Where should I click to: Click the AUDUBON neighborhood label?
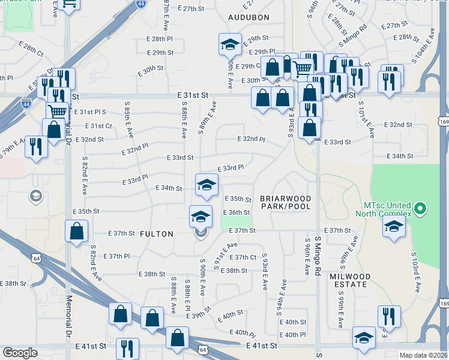click(249, 18)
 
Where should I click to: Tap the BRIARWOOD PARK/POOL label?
click(286, 202)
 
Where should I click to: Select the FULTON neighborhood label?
click(157, 234)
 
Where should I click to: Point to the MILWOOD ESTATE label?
click(350, 281)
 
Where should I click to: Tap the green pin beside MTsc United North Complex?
click(420, 209)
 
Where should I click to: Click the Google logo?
click(20, 353)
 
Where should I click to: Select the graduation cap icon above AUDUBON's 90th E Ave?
click(228, 44)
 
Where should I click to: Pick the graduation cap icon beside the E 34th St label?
click(206, 184)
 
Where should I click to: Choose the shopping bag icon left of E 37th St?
click(77, 231)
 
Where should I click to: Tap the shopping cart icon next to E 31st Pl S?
click(57, 111)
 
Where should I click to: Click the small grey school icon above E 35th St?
click(36, 196)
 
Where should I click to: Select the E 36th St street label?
click(236, 212)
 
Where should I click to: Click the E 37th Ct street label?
click(244, 257)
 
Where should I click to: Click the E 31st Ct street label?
click(99, 126)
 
